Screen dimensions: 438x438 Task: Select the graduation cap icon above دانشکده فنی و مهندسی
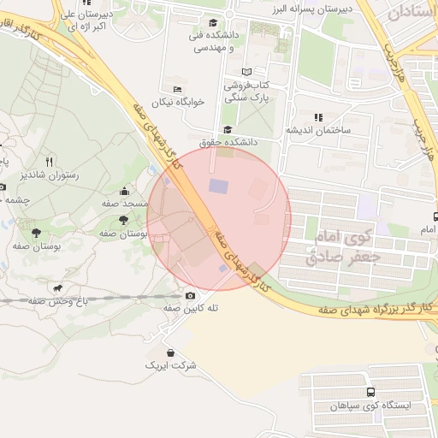212,22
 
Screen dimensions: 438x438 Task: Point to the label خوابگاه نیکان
179,102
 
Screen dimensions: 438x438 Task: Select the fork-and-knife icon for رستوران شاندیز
49,161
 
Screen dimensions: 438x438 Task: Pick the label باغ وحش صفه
57,301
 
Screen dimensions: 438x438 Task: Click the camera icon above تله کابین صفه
190,295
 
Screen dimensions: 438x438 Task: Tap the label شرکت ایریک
171,365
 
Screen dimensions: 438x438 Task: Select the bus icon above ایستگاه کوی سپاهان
370,392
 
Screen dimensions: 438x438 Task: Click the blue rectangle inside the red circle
220,185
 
